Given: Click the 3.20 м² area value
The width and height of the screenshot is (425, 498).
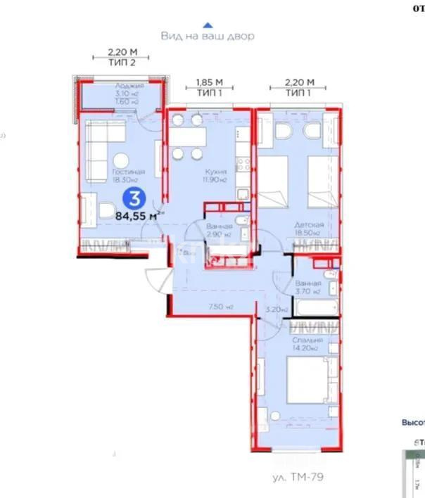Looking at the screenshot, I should pos(274,308).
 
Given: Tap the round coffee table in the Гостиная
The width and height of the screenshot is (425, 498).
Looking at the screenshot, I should pos(121,159).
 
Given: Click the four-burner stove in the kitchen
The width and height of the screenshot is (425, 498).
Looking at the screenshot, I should pos(243,164).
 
